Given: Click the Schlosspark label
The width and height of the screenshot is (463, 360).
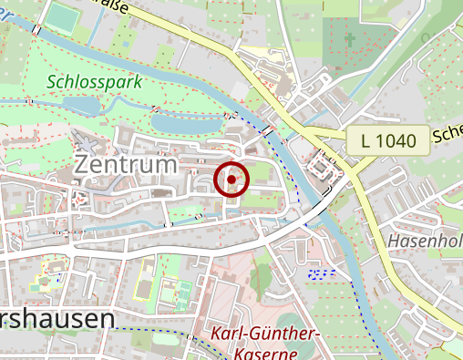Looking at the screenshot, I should tap(96, 82).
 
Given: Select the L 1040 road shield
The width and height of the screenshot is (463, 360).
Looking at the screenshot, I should tap(387, 141).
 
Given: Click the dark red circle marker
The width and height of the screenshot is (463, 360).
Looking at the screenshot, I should tap(232, 180).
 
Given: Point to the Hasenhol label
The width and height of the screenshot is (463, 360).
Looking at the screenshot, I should tap(424, 242).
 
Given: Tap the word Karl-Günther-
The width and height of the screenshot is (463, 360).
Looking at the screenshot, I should tap(265, 334).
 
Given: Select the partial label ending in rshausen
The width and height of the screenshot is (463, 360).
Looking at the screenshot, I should tap(57, 319).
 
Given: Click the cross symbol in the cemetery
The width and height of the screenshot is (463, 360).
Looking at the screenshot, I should tap(352, 40).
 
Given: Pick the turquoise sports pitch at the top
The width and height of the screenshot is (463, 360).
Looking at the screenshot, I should tap(63, 15).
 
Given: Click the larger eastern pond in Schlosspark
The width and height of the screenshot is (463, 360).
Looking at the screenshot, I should tap(187, 119).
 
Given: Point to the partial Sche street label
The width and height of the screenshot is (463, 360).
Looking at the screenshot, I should tap(448, 135).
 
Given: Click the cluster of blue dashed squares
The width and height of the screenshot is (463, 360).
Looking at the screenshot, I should tap(322, 273).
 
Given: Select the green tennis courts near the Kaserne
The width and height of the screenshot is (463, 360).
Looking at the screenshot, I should tap(174, 292).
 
